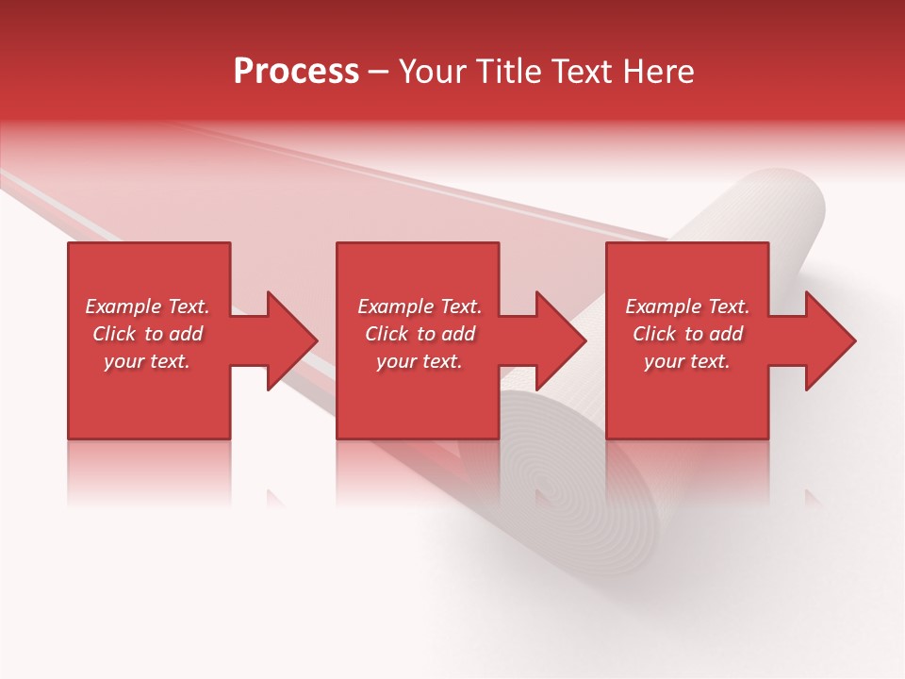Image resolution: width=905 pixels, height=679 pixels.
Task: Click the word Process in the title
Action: (x=296, y=72)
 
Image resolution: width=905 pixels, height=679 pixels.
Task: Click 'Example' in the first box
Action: (x=123, y=306)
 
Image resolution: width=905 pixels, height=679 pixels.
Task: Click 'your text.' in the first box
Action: (x=147, y=361)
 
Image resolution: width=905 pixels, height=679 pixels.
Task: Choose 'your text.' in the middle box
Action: (x=419, y=361)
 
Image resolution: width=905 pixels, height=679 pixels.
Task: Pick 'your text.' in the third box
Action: (x=687, y=361)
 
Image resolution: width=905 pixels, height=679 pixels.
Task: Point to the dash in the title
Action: (x=378, y=72)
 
